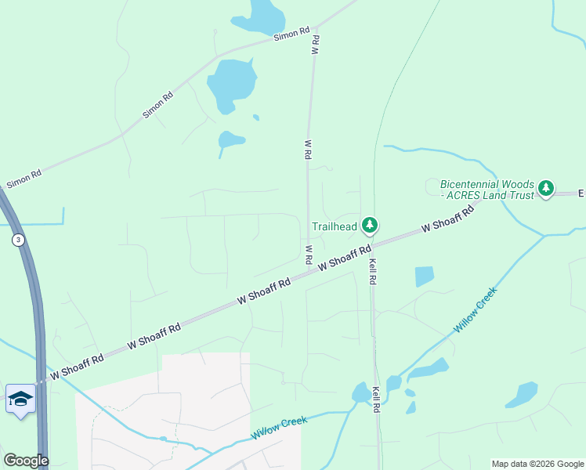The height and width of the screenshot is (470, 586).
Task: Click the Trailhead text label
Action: (335, 227)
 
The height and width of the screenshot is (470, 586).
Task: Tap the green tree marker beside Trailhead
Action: (370, 226)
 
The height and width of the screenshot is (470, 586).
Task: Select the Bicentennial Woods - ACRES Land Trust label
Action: (487, 189)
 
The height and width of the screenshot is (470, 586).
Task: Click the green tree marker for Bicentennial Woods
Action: (546, 188)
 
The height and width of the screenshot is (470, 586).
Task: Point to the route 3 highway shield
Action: (18, 240)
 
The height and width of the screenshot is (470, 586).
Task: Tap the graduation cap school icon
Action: (20, 399)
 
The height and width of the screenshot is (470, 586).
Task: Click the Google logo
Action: (26, 461)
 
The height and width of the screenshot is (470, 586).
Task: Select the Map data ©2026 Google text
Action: (537, 464)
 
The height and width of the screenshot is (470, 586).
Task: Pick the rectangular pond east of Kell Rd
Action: (424, 277)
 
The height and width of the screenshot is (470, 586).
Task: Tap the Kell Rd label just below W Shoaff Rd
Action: (374, 269)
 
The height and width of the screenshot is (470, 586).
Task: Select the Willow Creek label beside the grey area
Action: (279, 428)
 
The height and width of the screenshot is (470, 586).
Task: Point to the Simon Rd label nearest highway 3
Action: (24, 179)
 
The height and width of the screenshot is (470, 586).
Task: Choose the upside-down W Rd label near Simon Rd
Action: (316, 44)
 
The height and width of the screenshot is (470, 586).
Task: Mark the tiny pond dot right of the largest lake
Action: (256, 117)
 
